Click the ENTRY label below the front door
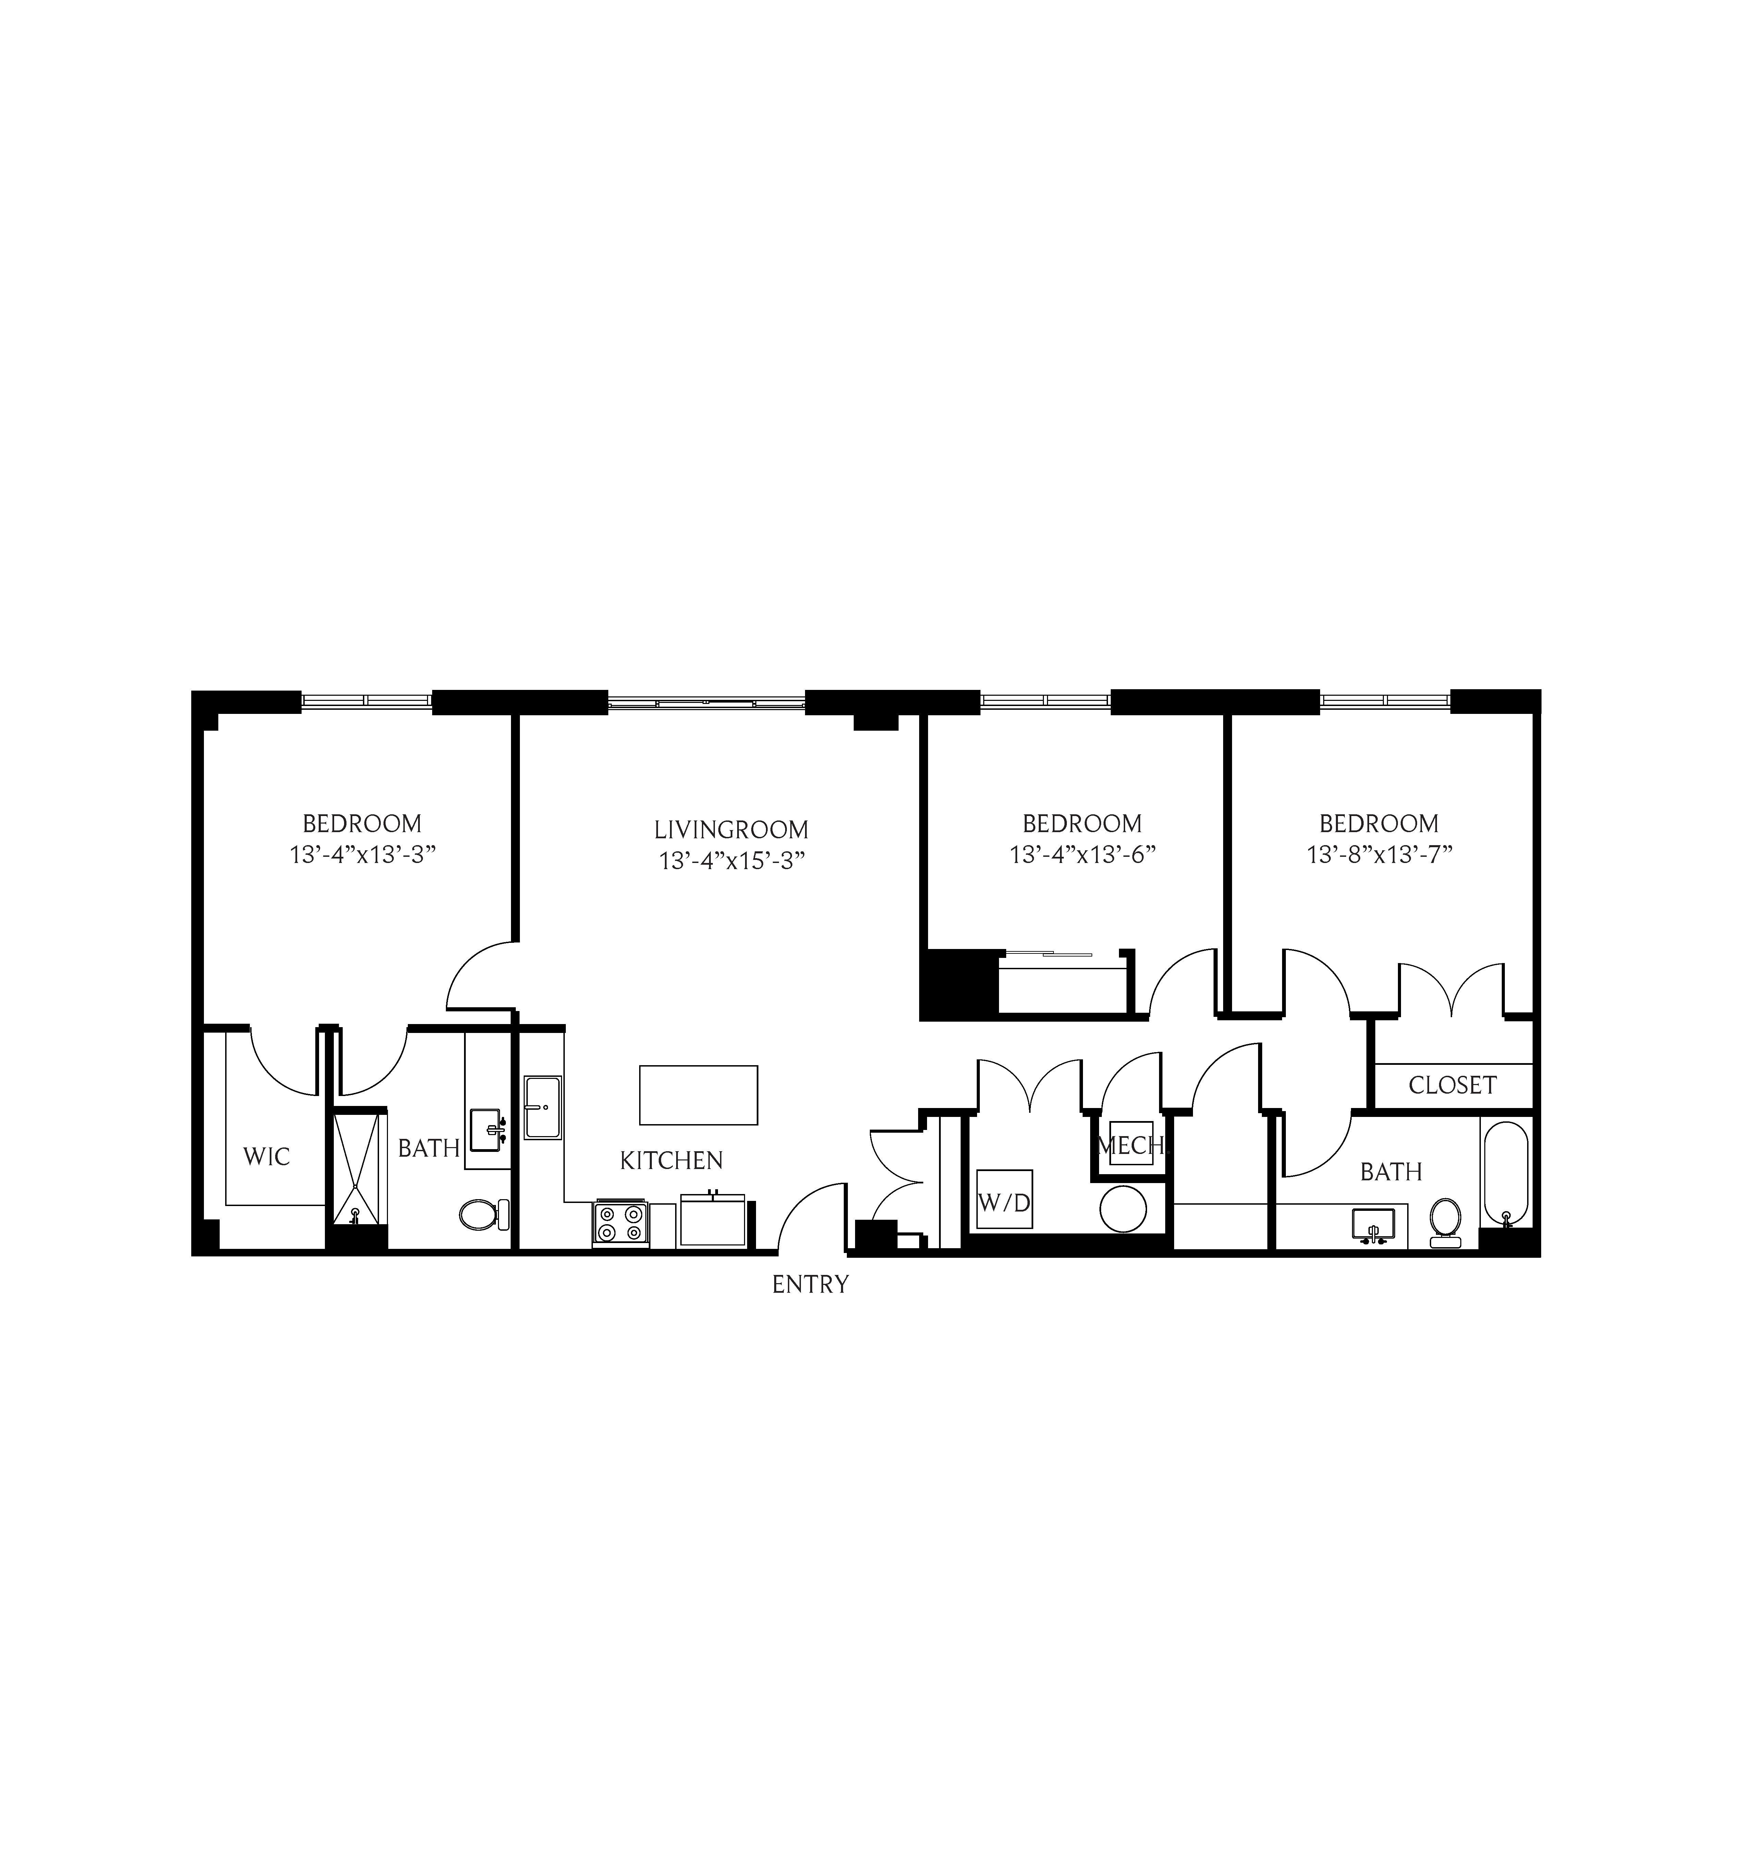click(x=810, y=1284)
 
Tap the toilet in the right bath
click(x=1445, y=1221)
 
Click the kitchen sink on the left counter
click(x=542, y=1107)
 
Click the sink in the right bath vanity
click(x=1373, y=1226)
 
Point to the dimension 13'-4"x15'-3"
click(x=731, y=861)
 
